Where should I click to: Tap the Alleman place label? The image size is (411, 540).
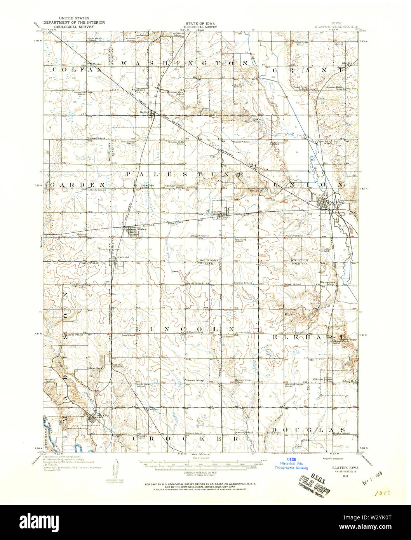(x=228, y=336)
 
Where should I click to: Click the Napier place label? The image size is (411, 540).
(x=96, y=64)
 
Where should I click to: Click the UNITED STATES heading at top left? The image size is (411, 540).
(x=74, y=18)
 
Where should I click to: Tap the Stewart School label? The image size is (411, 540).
(x=195, y=380)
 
